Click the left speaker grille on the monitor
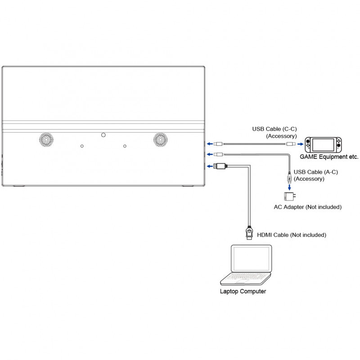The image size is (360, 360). click(x=45, y=139)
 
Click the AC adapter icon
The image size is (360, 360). click(x=289, y=197)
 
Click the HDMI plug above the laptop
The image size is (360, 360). click(x=248, y=232)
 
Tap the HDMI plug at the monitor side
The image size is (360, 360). click(x=220, y=166)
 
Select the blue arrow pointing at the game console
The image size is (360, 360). click(x=300, y=144)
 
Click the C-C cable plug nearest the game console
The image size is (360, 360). click(x=291, y=144)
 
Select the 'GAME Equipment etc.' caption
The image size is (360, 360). click(x=329, y=157)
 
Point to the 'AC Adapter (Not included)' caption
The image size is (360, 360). click(x=308, y=207)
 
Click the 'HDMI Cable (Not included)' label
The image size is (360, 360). click(x=292, y=235)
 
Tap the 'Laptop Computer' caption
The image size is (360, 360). click(x=243, y=292)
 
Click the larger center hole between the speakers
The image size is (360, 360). click(x=103, y=134)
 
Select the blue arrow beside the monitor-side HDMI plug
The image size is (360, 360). click(x=209, y=166)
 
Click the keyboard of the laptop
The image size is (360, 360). click(x=247, y=276)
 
